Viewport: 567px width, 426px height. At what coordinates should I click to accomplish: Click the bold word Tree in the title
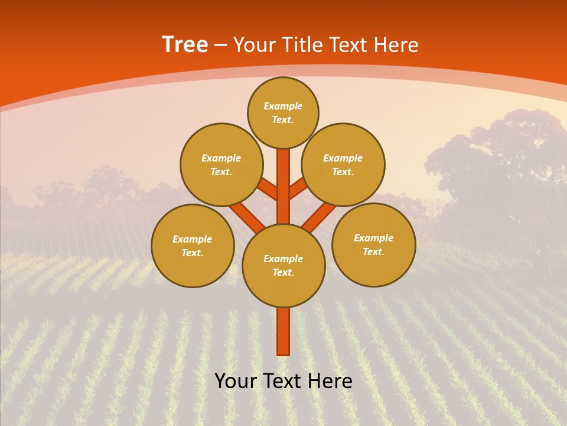click(185, 45)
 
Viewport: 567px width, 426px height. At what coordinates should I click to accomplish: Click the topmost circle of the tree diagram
click(283, 112)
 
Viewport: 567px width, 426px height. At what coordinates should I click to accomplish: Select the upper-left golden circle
click(221, 164)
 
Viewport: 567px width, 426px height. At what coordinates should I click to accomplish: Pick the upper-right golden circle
click(343, 164)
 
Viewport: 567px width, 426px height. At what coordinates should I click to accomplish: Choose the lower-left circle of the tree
click(193, 246)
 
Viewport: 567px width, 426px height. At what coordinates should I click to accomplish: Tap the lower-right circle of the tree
click(373, 244)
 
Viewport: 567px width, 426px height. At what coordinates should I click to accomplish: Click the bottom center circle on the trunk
click(283, 266)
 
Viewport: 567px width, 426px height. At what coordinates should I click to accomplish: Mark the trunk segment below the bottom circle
click(283, 331)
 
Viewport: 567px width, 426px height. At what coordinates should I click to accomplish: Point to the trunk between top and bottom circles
click(283, 186)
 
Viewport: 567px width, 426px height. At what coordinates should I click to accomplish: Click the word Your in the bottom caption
click(236, 382)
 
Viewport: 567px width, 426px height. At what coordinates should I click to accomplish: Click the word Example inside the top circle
click(283, 106)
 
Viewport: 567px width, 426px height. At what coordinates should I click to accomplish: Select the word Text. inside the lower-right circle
click(373, 251)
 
